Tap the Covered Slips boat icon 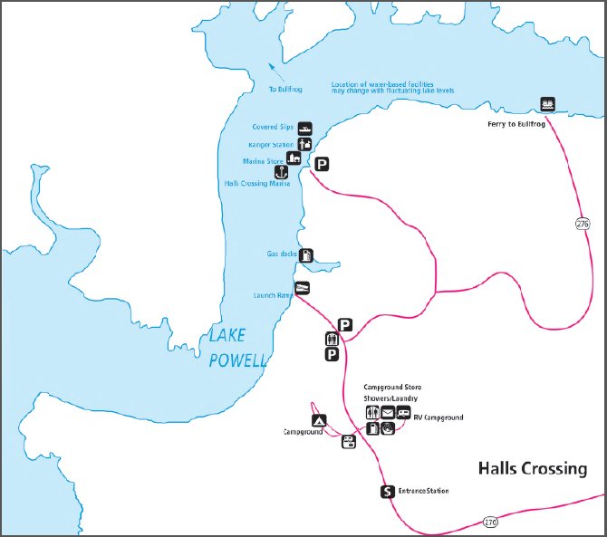pos(304,129)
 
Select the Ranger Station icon pos(304,144)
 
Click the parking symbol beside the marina pos(322,164)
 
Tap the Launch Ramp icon pos(303,289)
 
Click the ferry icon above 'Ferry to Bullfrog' pos(547,103)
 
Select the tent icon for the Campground pos(318,421)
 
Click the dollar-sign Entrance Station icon pos(387,492)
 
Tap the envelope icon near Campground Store pos(389,413)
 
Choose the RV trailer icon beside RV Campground pos(403,413)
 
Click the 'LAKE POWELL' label pos(238,348)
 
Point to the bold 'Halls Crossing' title pos(532,468)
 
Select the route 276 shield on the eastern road pos(580,222)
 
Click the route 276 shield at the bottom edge pos(490,523)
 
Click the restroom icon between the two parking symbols pos(332,340)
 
